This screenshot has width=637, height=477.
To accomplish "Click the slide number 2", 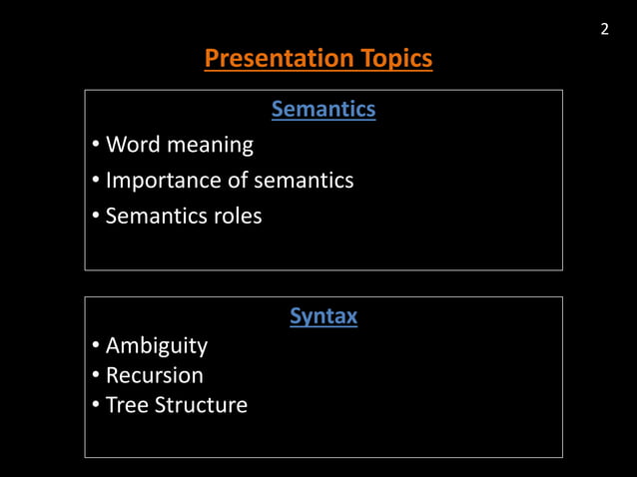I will pyautogui.click(x=604, y=29).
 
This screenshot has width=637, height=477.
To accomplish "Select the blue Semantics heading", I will pyautogui.click(x=323, y=109).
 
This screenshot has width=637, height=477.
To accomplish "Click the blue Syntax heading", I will pyautogui.click(x=323, y=316).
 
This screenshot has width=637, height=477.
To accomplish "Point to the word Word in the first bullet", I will pyautogui.click(x=133, y=145).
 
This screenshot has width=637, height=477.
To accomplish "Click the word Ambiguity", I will pyautogui.click(x=157, y=347).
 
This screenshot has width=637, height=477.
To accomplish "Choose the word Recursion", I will pyautogui.click(x=155, y=376).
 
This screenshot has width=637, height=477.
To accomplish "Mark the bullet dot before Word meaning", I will pyautogui.click(x=94, y=146).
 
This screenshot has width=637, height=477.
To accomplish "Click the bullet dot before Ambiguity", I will pyautogui.click(x=94, y=346).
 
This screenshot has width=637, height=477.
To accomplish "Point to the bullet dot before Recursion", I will pyautogui.click(x=94, y=376).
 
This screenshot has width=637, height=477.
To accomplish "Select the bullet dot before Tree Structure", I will pyautogui.click(x=94, y=406).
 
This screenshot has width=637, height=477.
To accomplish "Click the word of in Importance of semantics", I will pyautogui.click(x=237, y=181).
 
